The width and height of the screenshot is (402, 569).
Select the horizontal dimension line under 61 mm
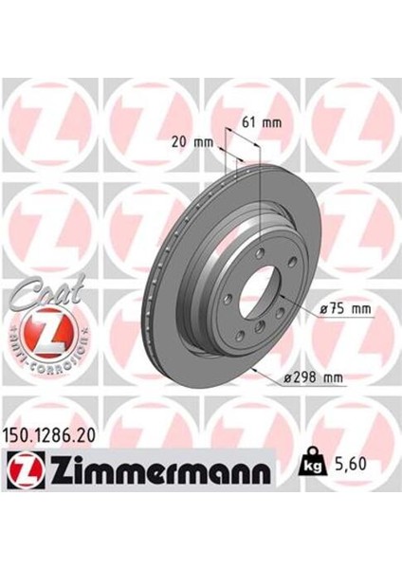click(x=242, y=133)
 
